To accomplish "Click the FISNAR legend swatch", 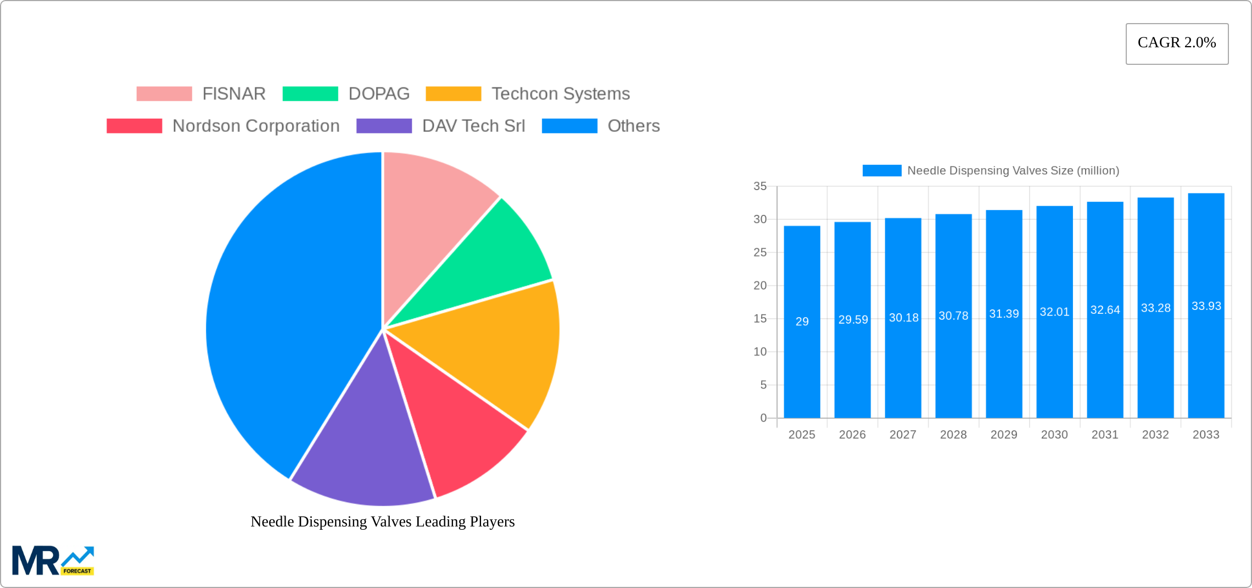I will (x=164, y=94).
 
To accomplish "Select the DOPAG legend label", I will (x=379, y=94).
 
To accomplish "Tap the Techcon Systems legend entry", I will (x=560, y=94).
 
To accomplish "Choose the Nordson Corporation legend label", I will (x=256, y=126).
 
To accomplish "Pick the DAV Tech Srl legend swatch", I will (x=384, y=126).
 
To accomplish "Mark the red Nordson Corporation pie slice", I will (x=456, y=423).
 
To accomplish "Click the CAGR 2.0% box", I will (x=1177, y=43).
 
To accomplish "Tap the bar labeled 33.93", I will (x=1206, y=306).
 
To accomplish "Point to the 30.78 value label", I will (x=953, y=316).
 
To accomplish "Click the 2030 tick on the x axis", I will (x=1054, y=435).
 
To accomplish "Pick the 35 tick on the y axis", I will (x=760, y=186).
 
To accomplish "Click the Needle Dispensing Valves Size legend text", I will (x=1013, y=171).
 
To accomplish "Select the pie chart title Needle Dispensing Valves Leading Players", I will (x=383, y=522).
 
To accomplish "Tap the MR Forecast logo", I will (x=53, y=561).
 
